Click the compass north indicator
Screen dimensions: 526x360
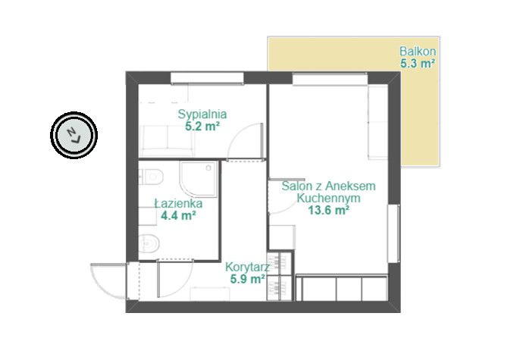click(x=74, y=135)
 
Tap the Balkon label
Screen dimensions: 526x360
click(x=418, y=52)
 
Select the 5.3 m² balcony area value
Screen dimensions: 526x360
click(x=418, y=63)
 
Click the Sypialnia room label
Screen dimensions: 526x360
click(x=202, y=114)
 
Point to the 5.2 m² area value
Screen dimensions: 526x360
click(x=202, y=126)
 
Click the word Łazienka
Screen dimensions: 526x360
click(x=178, y=203)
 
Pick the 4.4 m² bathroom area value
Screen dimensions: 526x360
click(x=178, y=215)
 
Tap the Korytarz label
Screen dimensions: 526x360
click(x=247, y=268)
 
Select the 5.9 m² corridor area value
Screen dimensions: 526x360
click(x=248, y=279)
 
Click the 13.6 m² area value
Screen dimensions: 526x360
click(x=329, y=211)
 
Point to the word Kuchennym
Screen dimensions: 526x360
click(x=329, y=198)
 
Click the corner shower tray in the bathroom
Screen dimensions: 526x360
click(x=199, y=179)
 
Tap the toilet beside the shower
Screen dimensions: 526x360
click(x=151, y=177)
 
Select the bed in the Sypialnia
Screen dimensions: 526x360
click(x=167, y=141)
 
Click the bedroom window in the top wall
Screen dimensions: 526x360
click(x=207, y=78)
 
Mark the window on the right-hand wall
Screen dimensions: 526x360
click(x=394, y=233)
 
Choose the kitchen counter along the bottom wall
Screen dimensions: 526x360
click(x=342, y=288)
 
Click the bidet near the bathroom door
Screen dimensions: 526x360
click(x=149, y=243)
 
